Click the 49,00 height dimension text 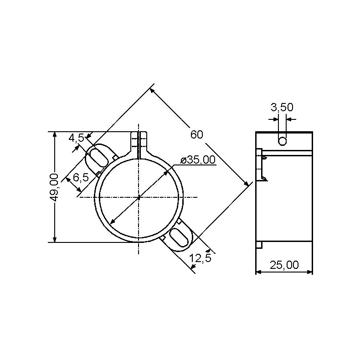point(54,187)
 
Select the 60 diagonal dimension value point(197,134)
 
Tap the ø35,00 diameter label point(198,160)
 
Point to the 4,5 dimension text point(76,138)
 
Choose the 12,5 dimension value point(200,258)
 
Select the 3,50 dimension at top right point(282,108)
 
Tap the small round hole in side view point(283,141)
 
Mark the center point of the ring point(138,197)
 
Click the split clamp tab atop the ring point(139,144)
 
